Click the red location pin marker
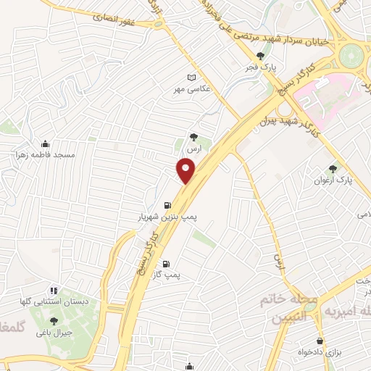(186, 171)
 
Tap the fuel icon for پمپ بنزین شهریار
(168, 206)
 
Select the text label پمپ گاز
(167, 275)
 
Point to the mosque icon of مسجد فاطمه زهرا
(46, 143)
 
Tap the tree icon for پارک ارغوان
(333, 168)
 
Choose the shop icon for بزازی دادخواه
(320, 341)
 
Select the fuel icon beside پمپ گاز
(167, 264)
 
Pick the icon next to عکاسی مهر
(191, 78)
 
